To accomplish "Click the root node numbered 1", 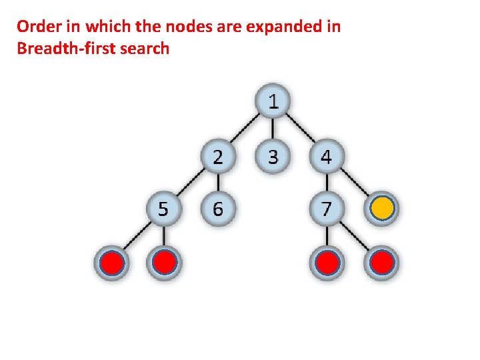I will click(x=273, y=102).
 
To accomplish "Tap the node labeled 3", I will click(x=273, y=157).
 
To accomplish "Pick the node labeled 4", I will click(x=326, y=157).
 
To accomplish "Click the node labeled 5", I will click(x=164, y=209).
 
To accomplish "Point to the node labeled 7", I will click(x=326, y=209).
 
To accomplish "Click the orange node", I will click(x=382, y=209).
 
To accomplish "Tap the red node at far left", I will click(x=111, y=263).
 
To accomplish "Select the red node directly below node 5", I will click(x=164, y=263).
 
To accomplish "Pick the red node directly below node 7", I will click(x=326, y=263).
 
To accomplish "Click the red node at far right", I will click(x=382, y=263).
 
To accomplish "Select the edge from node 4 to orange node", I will click(x=354, y=183).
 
